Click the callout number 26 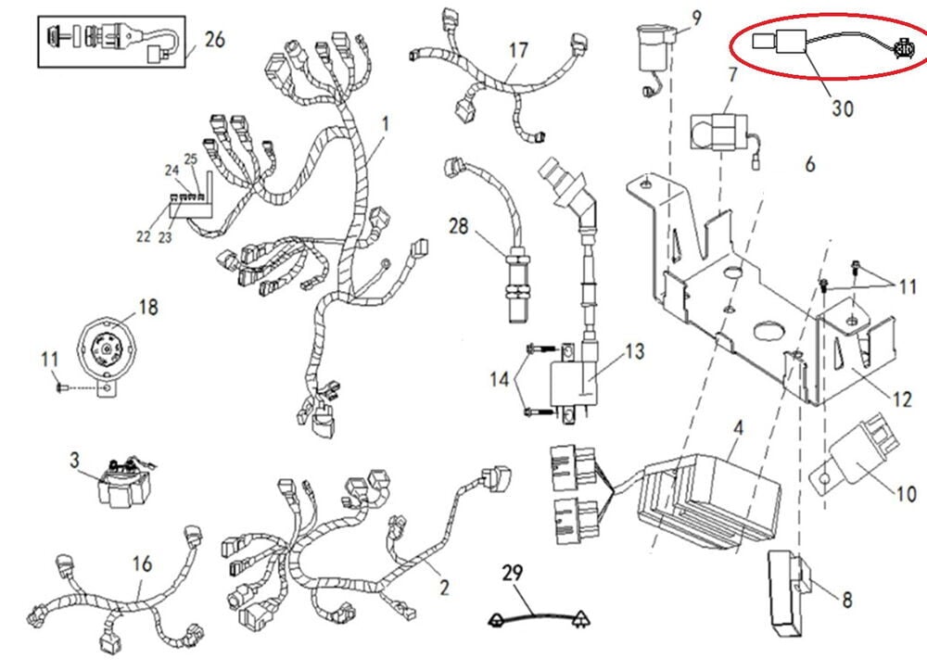(x=214, y=40)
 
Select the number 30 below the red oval (x=842, y=108)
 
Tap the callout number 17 (x=518, y=51)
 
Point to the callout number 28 (x=460, y=225)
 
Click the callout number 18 (x=149, y=307)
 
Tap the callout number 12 (x=903, y=399)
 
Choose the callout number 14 (x=500, y=378)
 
